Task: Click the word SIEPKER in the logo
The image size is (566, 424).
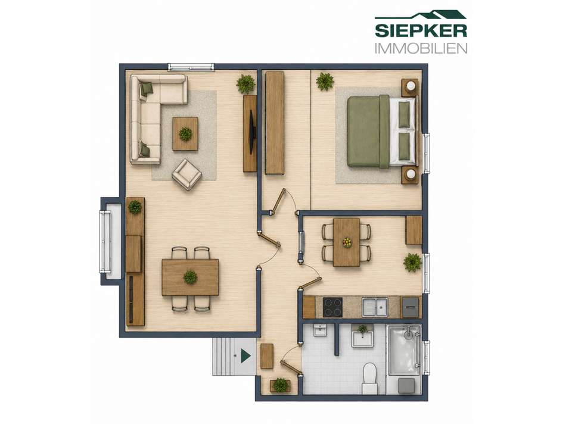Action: pyautogui.click(x=421, y=31)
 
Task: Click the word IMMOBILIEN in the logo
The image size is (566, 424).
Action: pyautogui.click(x=421, y=48)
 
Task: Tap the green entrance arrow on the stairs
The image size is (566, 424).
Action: pyautogui.click(x=246, y=356)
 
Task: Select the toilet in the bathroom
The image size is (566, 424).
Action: pyautogui.click(x=369, y=378)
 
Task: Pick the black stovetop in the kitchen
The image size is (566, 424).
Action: pyautogui.click(x=332, y=307)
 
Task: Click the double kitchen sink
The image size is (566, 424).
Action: pyautogui.click(x=375, y=307)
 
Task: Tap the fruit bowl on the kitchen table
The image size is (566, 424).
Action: pyautogui.click(x=347, y=242)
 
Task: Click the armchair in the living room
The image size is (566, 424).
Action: pyautogui.click(x=186, y=174)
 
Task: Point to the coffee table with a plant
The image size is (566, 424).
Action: pyautogui.click(x=185, y=133)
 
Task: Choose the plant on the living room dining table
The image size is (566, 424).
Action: pyautogui.click(x=190, y=277)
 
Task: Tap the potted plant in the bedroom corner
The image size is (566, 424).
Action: pyautogui.click(x=325, y=82)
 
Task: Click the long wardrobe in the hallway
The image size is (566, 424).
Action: pyautogui.click(x=275, y=123)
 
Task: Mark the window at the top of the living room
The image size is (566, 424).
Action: pyautogui.click(x=191, y=67)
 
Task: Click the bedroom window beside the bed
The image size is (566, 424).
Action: pyautogui.click(x=427, y=154)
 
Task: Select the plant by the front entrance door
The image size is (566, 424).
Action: pyautogui.click(x=281, y=385)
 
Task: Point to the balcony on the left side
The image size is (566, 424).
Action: pyautogui.click(x=111, y=241)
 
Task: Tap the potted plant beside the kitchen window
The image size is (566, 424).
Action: pyautogui.click(x=412, y=263)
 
